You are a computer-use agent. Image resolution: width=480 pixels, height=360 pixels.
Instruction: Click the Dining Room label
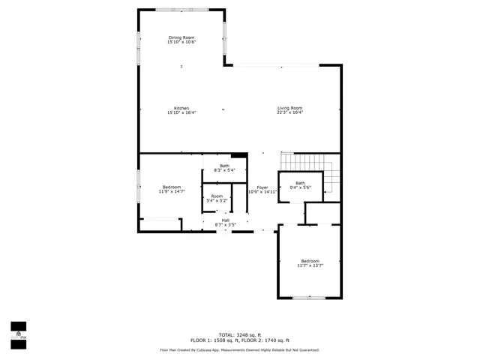pos(181,37)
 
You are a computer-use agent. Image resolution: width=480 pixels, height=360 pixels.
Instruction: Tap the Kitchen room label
pos(181,108)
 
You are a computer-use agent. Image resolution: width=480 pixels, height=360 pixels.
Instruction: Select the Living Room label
pos(289,108)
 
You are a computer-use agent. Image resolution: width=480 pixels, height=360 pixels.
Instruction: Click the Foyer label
pos(262,187)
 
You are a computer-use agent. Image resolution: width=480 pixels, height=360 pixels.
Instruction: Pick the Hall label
pos(226,220)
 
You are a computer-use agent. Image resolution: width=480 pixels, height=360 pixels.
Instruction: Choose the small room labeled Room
pos(217,196)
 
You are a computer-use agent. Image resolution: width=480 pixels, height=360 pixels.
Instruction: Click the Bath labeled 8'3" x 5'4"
pos(225,166)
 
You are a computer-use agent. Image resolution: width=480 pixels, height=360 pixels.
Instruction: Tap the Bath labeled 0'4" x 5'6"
pos(300,183)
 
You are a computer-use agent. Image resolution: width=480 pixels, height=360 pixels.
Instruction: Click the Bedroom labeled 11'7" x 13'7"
pos(310,260)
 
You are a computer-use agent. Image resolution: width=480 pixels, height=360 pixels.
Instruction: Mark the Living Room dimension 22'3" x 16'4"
pos(289,112)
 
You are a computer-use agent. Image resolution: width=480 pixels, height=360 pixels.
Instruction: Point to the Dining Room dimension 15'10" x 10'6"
pos(181,42)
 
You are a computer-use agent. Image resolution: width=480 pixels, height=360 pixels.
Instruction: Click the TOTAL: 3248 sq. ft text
pos(240,334)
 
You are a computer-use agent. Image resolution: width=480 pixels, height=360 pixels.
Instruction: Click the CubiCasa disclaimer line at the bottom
pos(240,349)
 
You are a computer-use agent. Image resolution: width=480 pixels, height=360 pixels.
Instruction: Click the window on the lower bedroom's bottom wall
pos(308,298)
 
